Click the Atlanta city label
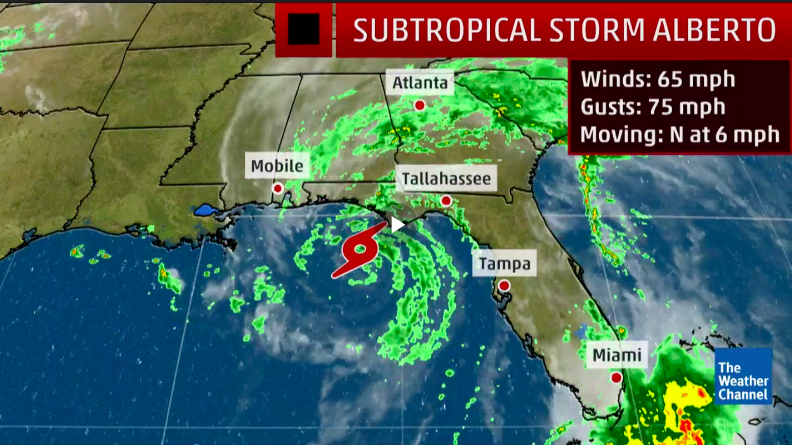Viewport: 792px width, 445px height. click(x=420, y=83)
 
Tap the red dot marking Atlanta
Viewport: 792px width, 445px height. click(x=420, y=105)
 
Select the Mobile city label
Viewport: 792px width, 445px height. click(x=277, y=166)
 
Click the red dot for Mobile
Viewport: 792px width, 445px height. click(x=278, y=188)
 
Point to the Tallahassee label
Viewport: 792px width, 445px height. click(x=446, y=179)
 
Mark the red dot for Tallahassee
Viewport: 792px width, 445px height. click(x=446, y=201)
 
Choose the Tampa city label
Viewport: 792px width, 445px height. click(x=504, y=264)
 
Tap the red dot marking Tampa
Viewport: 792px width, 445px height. click(x=504, y=285)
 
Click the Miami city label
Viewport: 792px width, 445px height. click(x=617, y=355)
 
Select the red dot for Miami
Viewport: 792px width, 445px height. click(x=616, y=377)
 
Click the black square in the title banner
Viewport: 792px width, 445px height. click(x=304, y=29)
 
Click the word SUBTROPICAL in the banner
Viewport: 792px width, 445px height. click(x=447, y=30)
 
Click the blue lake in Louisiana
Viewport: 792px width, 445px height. click(x=205, y=210)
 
